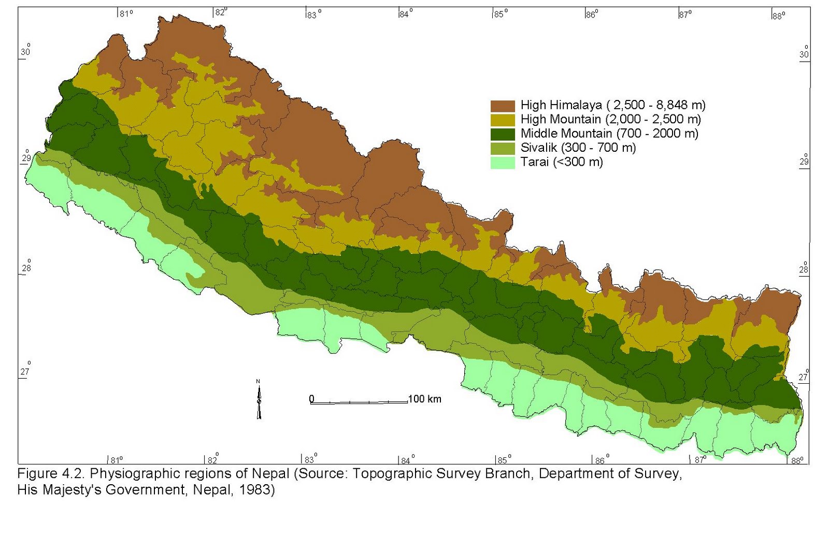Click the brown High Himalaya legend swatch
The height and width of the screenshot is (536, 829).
[x=503, y=106]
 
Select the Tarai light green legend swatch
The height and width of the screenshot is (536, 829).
[x=503, y=163]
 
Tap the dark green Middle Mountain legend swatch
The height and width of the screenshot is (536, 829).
[x=503, y=134]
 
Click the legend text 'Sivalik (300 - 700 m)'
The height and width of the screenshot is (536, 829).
[x=578, y=148]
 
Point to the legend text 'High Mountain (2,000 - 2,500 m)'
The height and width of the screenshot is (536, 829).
[x=610, y=120]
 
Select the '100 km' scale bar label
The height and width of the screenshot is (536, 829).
[x=424, y=399]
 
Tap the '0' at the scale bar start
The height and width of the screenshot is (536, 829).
[x=311, y=399]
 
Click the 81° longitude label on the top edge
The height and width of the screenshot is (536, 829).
[x=126, y=14]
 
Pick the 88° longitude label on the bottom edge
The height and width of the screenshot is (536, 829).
[x=797, y=460]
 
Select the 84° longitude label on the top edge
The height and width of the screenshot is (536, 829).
[x=406, y=14]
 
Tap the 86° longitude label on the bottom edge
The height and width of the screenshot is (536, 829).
[x=600, y=460]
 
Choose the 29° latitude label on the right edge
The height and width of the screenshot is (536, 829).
[x=804, y=161]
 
